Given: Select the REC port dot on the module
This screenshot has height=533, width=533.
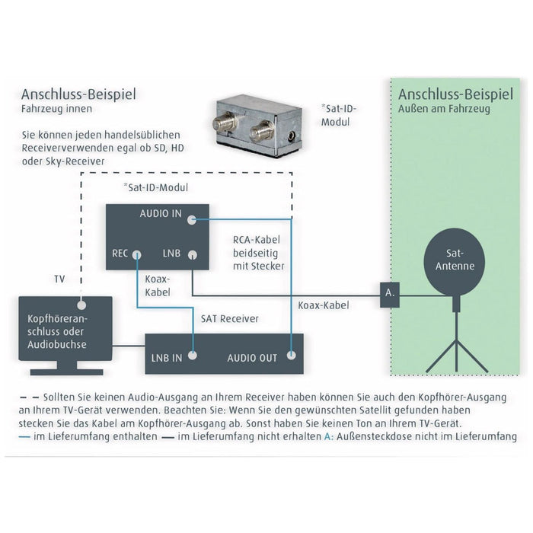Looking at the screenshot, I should pos(137,254).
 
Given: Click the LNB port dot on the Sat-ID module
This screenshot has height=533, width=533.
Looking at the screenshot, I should pos(194,255).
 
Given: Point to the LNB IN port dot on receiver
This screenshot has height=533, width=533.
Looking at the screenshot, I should pos(193,354).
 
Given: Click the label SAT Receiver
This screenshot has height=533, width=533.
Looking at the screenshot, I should pos(230,318).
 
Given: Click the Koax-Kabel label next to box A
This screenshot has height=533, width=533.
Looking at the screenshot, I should pos(324,305).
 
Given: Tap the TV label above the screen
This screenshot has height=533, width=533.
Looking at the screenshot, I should pos(60,279).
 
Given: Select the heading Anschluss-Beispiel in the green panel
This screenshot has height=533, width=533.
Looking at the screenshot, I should pos(455,95).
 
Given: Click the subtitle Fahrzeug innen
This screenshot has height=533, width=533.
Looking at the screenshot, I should pos(57,109).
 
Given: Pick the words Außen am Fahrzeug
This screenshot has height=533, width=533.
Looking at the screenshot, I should pos(445,110).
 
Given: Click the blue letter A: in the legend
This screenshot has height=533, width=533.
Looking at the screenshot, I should pos(329,436).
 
